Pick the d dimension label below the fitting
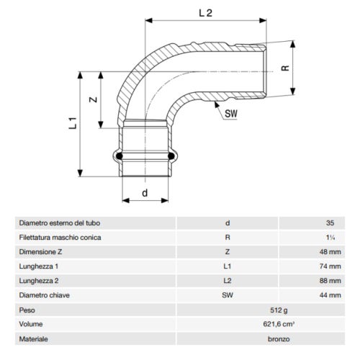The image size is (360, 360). click(145, 193)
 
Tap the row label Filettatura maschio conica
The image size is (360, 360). click(60, 237)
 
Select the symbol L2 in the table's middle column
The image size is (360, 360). click(228, 280)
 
